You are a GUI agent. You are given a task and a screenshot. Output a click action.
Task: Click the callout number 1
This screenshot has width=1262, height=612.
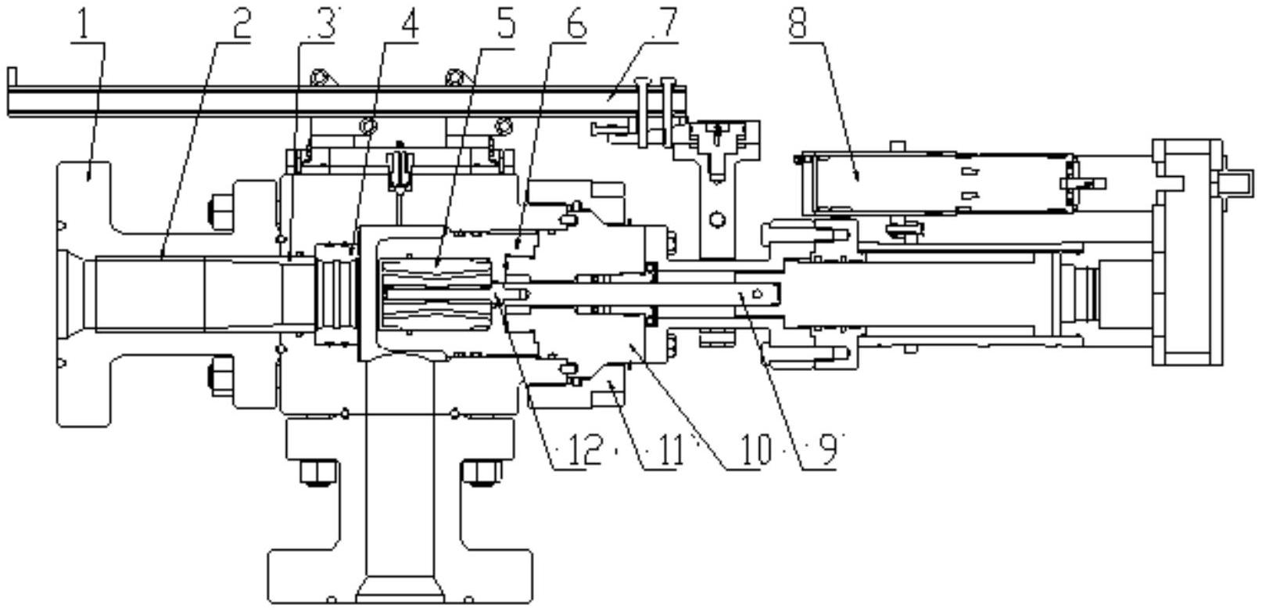click(84, 23)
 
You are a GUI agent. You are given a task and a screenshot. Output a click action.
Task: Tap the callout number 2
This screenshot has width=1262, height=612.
click(240, 23)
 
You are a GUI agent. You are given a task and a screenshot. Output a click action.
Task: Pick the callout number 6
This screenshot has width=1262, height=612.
click(575, 23)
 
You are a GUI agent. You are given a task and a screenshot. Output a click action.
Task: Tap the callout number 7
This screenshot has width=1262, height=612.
click(667, 23)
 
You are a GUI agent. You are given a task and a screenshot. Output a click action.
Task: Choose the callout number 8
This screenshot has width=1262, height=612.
click(798, 23)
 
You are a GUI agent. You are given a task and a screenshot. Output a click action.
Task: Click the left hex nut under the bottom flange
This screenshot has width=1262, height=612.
click(318, 473)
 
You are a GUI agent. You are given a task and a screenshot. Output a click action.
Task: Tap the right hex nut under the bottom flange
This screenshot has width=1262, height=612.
click(482, 473)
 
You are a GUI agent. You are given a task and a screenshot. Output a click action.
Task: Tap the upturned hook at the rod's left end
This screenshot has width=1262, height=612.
click(12, 77)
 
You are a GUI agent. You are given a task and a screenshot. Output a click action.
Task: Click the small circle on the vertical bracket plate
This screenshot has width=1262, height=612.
click(717, 219)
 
